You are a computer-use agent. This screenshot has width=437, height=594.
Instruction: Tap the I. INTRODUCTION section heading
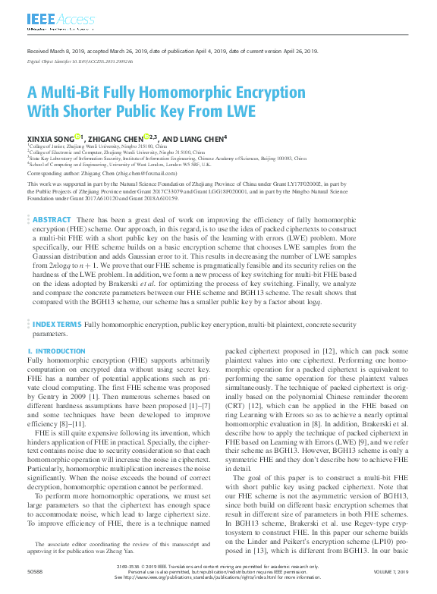click(56, 352)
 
